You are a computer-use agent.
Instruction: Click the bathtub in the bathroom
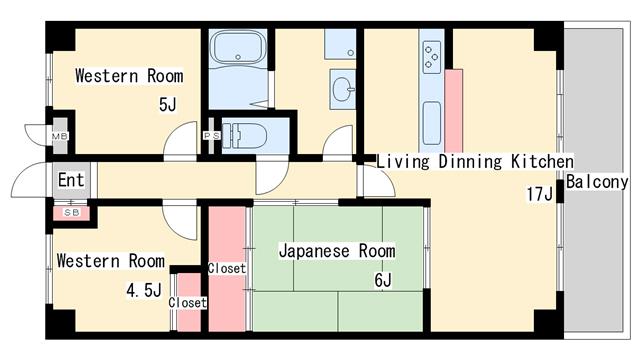238,47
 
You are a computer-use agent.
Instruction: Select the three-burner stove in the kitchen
432,57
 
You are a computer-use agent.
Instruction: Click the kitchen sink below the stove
431,123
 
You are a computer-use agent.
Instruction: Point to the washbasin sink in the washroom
343,89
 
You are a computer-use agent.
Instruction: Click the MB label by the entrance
60,136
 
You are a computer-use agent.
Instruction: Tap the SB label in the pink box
71,212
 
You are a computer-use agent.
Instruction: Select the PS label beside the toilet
212,136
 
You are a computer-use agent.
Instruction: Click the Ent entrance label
71,180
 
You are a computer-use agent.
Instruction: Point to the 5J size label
167,105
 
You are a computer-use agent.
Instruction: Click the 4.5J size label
144,290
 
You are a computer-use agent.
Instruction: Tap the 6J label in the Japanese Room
383,280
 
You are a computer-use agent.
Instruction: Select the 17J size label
539,194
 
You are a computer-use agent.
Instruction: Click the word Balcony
597,182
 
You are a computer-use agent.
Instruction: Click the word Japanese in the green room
314,251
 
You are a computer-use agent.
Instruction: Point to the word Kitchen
542,162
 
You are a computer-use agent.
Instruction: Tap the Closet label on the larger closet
227,268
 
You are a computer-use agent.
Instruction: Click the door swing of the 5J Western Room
180,141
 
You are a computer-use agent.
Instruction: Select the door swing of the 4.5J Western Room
180,220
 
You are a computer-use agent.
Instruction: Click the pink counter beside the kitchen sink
453,111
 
